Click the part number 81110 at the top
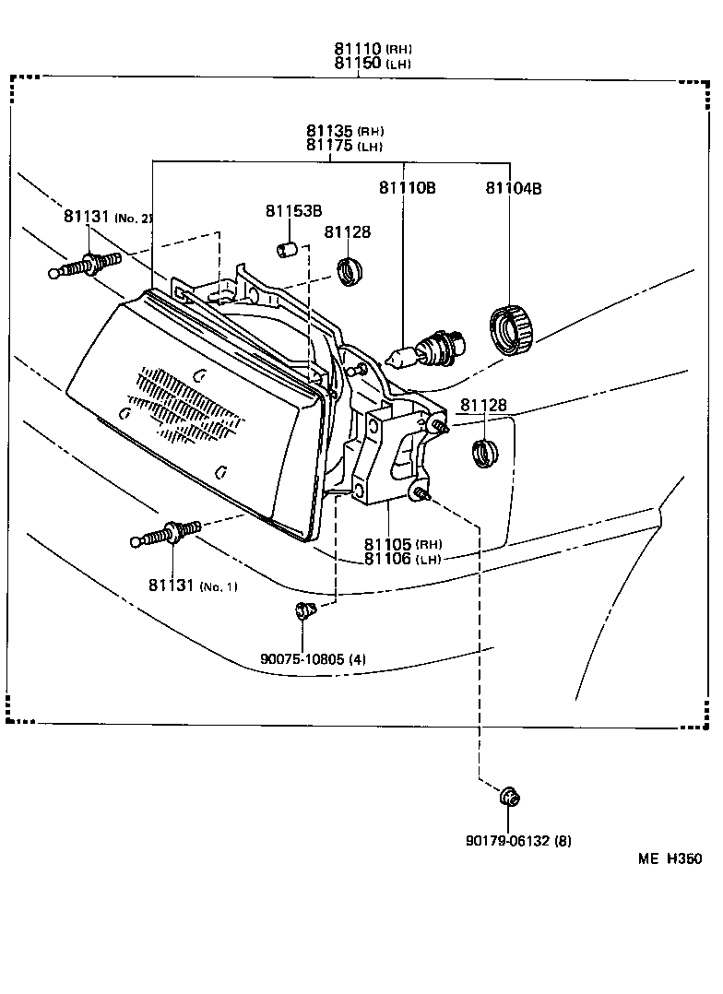coord(358,49)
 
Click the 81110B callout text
coord(406,188)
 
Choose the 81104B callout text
coord(513,188)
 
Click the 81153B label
coord(293,211)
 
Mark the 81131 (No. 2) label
coord(107,217)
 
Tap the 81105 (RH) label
coord(401,544)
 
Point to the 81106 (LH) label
coord(401,559)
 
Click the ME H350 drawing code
coord(670,858)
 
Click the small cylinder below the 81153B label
coord(287,249)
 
